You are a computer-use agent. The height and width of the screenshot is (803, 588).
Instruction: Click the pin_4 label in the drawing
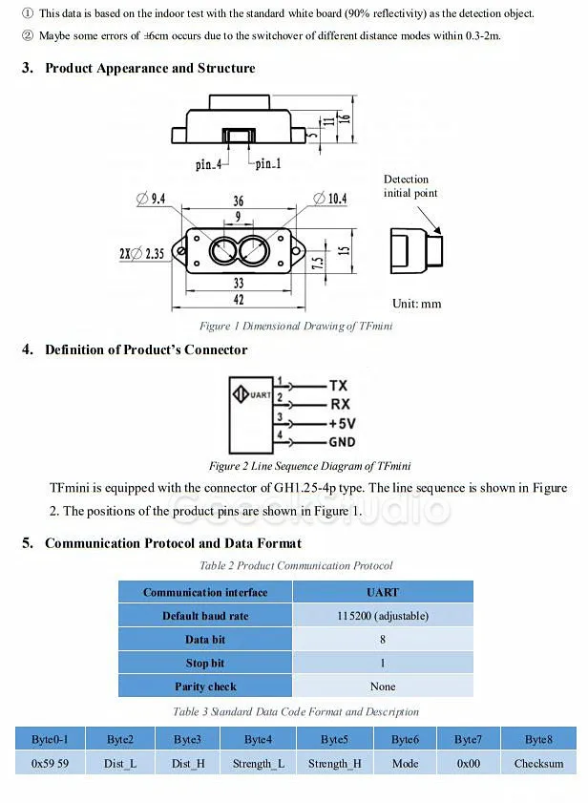209,164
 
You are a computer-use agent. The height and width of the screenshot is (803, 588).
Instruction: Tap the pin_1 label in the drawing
268,164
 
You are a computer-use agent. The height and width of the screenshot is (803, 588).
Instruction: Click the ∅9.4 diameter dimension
152,199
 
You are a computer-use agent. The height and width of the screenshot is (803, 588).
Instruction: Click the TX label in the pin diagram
338,386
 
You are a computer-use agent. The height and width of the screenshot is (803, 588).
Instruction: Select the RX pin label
339,405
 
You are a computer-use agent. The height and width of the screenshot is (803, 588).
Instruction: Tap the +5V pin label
343,423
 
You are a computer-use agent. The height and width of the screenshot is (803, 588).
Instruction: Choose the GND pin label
342,441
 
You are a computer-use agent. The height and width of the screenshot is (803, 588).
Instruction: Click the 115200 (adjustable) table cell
382,616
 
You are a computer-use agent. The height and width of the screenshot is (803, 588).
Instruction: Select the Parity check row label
204,687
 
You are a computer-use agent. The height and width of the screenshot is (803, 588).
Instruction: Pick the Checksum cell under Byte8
538,763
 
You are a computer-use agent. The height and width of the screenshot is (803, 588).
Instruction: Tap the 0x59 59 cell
50,763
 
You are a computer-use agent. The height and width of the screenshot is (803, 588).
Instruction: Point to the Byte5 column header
334,739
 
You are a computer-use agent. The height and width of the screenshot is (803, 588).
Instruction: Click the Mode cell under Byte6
405,763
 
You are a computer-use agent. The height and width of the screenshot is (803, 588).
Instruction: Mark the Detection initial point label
410,186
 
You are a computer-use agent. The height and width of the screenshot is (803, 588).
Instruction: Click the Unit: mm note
417,304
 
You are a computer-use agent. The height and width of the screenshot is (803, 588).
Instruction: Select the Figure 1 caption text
296,326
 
